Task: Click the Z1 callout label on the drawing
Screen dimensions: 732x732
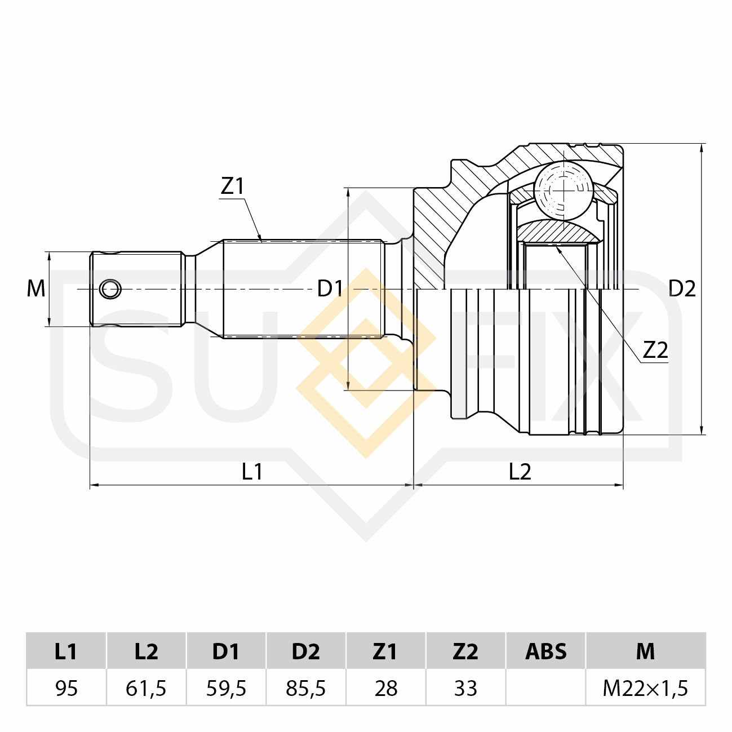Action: point(232,186)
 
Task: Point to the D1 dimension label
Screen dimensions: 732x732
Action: point(330,289)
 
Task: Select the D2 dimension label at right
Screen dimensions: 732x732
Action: point(682,289)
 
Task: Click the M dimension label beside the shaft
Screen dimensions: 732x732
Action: point(36,289)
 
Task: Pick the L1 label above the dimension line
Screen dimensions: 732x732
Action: point(252,472)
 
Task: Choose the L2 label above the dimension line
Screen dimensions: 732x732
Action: point(520,472)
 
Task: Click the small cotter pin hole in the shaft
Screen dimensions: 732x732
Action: point(110,290)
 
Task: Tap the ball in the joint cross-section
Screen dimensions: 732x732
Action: point(563,190)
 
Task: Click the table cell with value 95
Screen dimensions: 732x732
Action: point(66,688)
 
